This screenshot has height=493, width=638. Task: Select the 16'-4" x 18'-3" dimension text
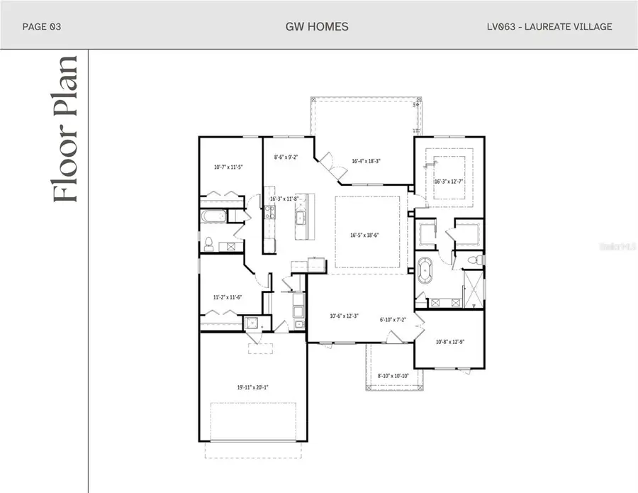pyautogui.click(x=366, y=161)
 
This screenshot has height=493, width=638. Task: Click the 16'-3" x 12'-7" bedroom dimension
pyautogui.click(x=448, y=181)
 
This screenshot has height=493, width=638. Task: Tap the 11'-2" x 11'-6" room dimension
pyautogui.click(x=228, y=297)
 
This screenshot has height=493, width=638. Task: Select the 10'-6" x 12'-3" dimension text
pyautogui.click(x=345, y=316)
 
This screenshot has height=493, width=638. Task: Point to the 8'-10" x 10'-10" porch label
pyautogui.click(x=393, y=375)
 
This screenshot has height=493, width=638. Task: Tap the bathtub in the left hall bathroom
pyautogui.click(x=213, y=217)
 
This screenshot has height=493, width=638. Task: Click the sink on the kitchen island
pyautogui.click(x=300, y=218)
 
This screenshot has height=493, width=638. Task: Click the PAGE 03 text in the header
pyautogui.click(x=42, y=27)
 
